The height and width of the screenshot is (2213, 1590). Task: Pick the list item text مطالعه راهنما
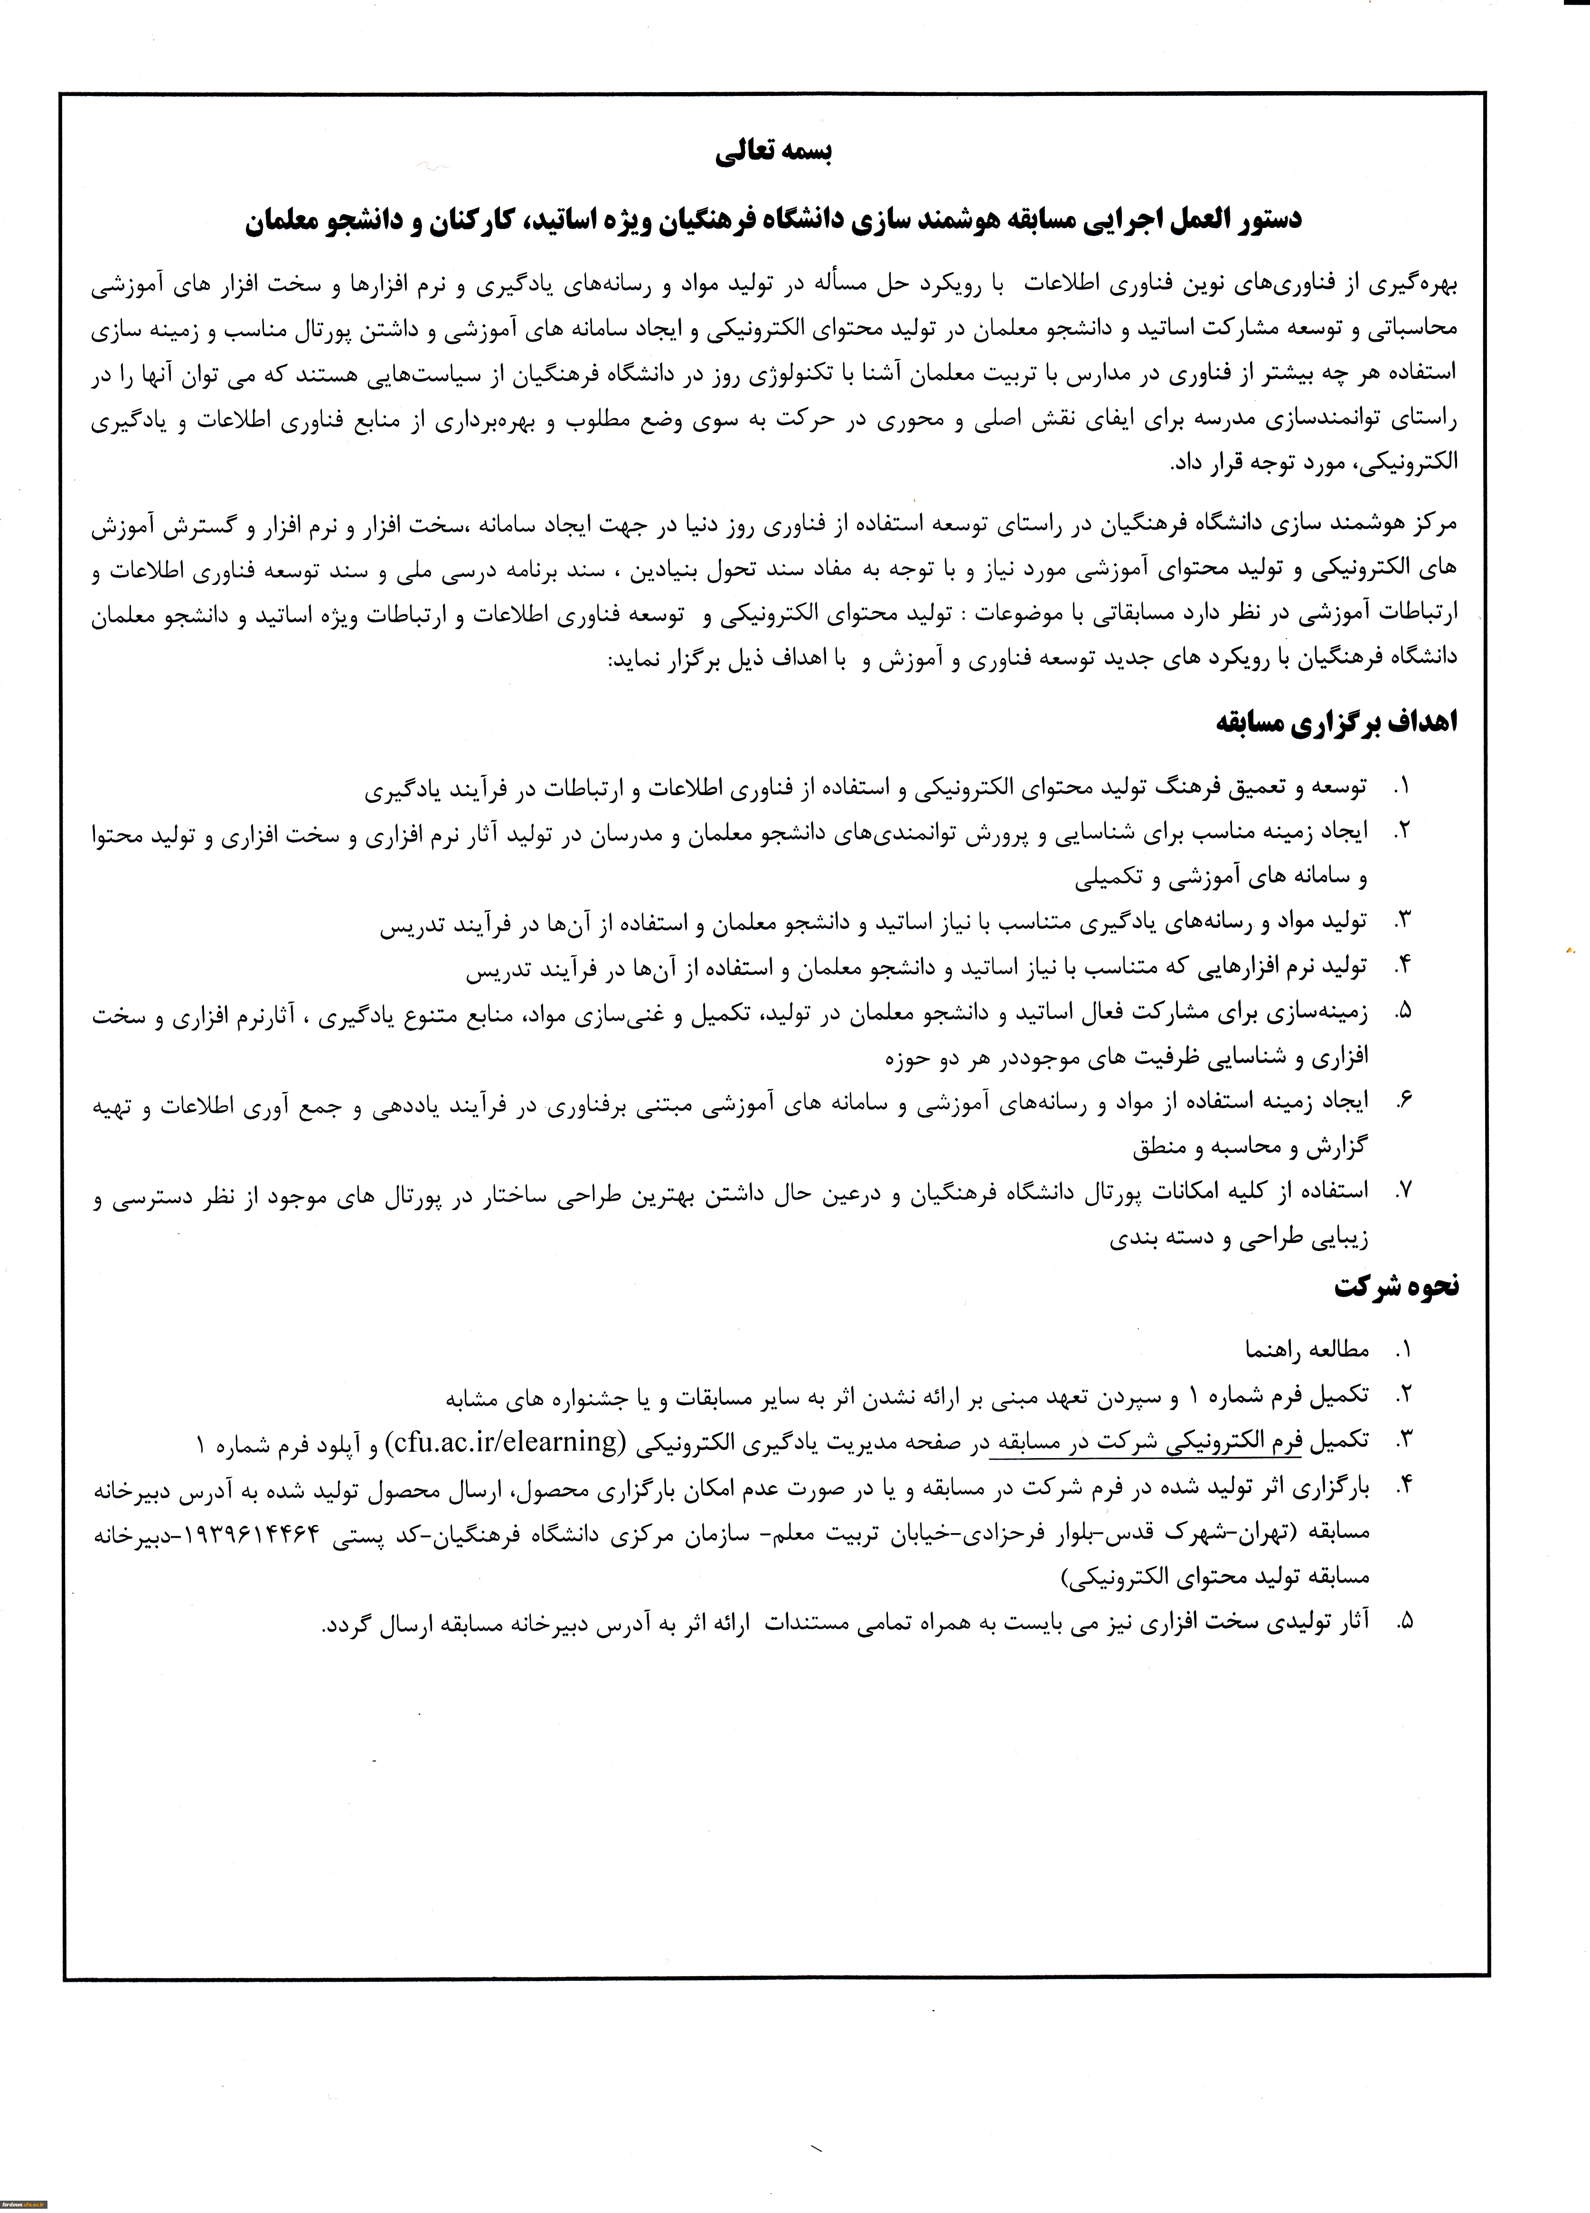[1307, 1350]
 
